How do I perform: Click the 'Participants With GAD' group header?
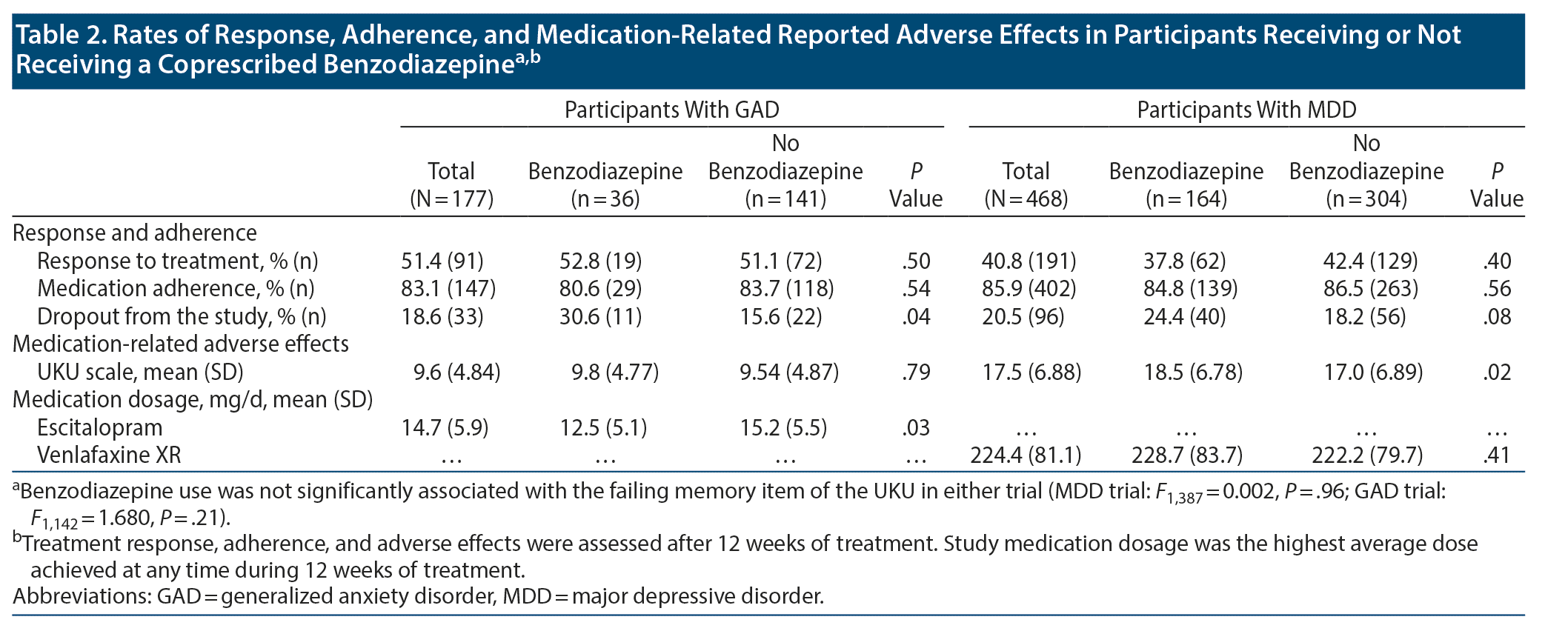(x=671, y=110)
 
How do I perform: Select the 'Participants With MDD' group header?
(x=1246, y=110)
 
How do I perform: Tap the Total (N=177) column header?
(x=451, y=184)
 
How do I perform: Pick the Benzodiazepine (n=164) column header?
(x=1186, y=184)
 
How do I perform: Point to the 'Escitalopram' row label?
(x=99, y=428)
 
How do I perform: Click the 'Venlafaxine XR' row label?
(x=109, y=455)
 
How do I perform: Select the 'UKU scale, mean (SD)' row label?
(x=140, y=372)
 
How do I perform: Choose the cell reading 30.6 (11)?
(x=600, y=317)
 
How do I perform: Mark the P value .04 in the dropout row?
(x=916, y=317)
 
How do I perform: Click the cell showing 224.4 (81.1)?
(x=1026, y=455)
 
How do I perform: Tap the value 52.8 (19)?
(x=600, y=261)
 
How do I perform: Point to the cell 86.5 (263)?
(x=1370, y=289)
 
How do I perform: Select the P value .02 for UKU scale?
(x=1497, y=372)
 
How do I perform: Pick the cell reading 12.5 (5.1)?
(x=603, y=428)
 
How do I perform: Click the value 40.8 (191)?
(x=1029, y=261)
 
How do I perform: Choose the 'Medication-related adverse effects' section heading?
(x=181, y=344)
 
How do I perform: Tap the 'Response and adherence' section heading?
(x=135, y=233)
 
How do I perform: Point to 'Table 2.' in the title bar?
(x=59, y=35)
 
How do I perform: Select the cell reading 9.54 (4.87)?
(x=789, y=372)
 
